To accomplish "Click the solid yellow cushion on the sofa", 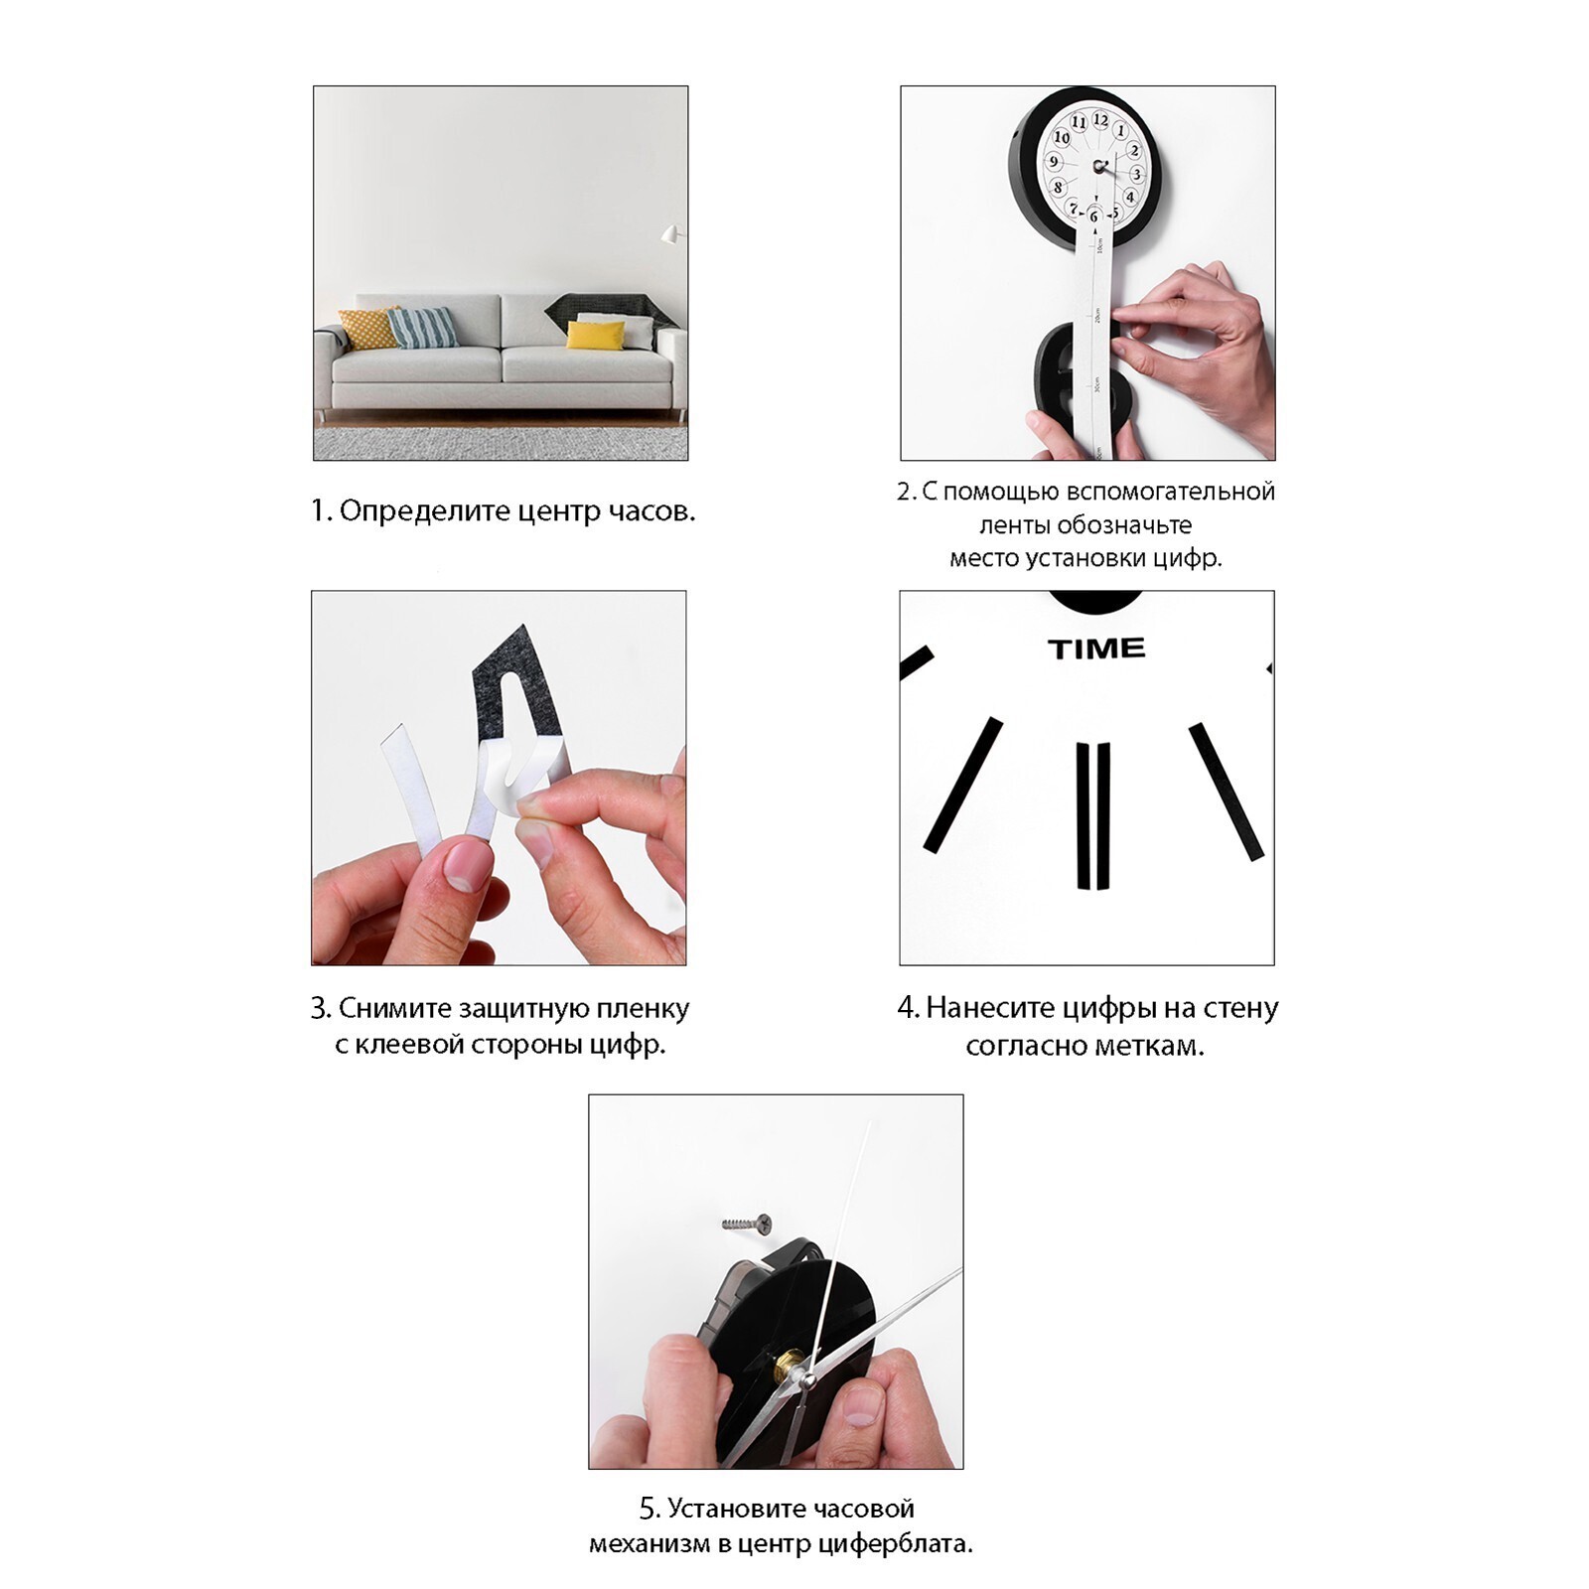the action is (x=596, y=335).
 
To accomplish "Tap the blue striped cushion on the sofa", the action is (x=422, y=327).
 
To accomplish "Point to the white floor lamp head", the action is (x=670, y=234).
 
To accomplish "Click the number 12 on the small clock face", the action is (x=1100, y=119).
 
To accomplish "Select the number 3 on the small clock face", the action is (x=1137, y=174).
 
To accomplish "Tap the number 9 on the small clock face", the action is (x=1055, y=162).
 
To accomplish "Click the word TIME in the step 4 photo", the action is (x=1096, y=649).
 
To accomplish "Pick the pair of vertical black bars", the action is (x=1093, y=814).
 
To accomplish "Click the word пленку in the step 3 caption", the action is (x=642, y=1009).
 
